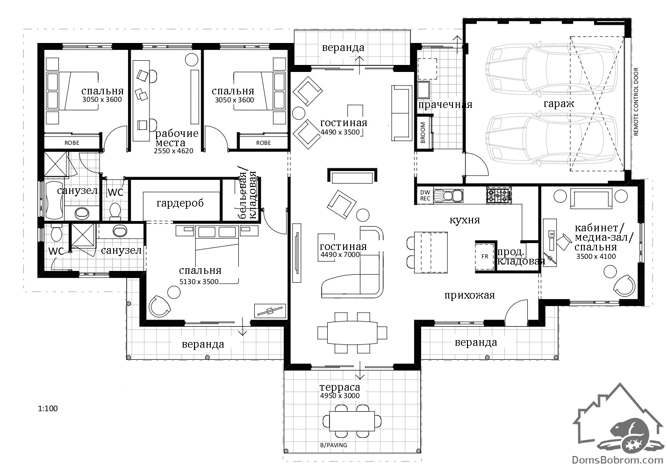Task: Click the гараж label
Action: coord(559,104)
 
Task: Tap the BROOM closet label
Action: coord(423,133)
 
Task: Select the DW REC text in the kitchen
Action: coord(425,195)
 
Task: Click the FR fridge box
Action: coord(484,257)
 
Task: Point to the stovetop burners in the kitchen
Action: coord(499,196)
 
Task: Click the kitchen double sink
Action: coord(448,196)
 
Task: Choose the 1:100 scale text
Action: coord(48,408)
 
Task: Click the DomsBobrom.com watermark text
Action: coord(617,460)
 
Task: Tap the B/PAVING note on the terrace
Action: coord(334,445)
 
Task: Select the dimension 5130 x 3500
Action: coord(199,282)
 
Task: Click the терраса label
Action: coord(340,387)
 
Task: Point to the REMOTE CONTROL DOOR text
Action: coord(636,102)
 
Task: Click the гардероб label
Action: coord(180,203)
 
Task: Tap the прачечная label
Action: coord(445,105)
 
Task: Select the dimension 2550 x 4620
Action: coord(173,151)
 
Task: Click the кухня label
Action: coord(465,220)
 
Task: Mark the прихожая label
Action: coord(470,295)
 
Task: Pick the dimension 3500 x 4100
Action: coord(596,257)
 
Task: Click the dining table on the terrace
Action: coord(351,421)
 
